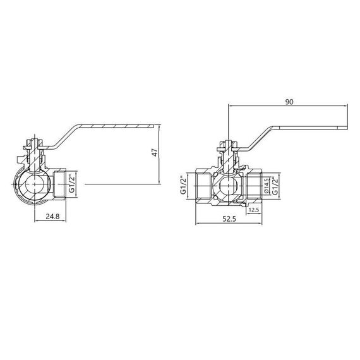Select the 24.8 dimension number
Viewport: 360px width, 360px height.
click(54, 217)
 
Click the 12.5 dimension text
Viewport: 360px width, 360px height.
click(254, 210)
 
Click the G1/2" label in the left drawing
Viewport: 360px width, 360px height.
click(72, 183)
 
